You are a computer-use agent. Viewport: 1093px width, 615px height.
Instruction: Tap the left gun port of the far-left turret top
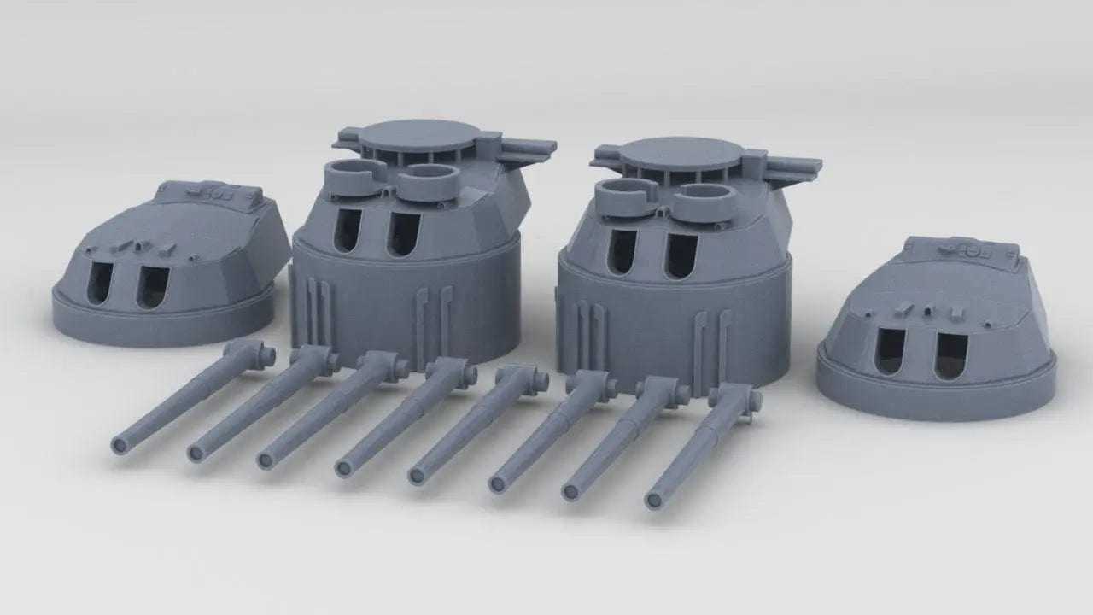pos(101,283)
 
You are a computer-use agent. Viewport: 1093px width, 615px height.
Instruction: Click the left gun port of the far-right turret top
pos(890,351)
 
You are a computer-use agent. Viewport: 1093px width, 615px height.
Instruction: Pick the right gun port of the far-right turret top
pos(950,355)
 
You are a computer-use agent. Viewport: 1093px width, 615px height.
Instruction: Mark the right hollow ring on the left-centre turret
pos(428,181)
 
